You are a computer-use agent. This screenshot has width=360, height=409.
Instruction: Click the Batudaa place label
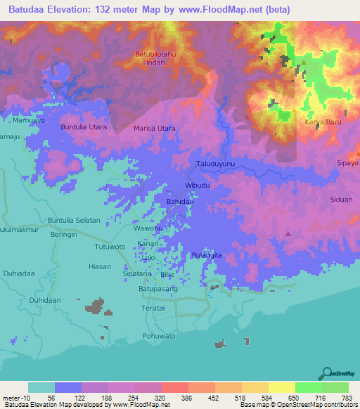(180, 202)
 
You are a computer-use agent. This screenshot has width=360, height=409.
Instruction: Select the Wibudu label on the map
(198, 186)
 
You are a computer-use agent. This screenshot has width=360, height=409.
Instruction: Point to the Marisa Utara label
(155, 129)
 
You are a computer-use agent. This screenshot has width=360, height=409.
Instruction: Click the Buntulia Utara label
(84, 127)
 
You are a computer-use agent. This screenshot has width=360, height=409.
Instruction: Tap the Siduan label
(341, 199)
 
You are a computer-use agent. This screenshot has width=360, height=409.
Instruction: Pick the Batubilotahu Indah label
(155, 58)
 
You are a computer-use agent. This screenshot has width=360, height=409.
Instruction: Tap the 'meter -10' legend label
(17, 398)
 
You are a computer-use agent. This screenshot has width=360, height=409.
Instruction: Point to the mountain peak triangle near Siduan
(288, 233)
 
